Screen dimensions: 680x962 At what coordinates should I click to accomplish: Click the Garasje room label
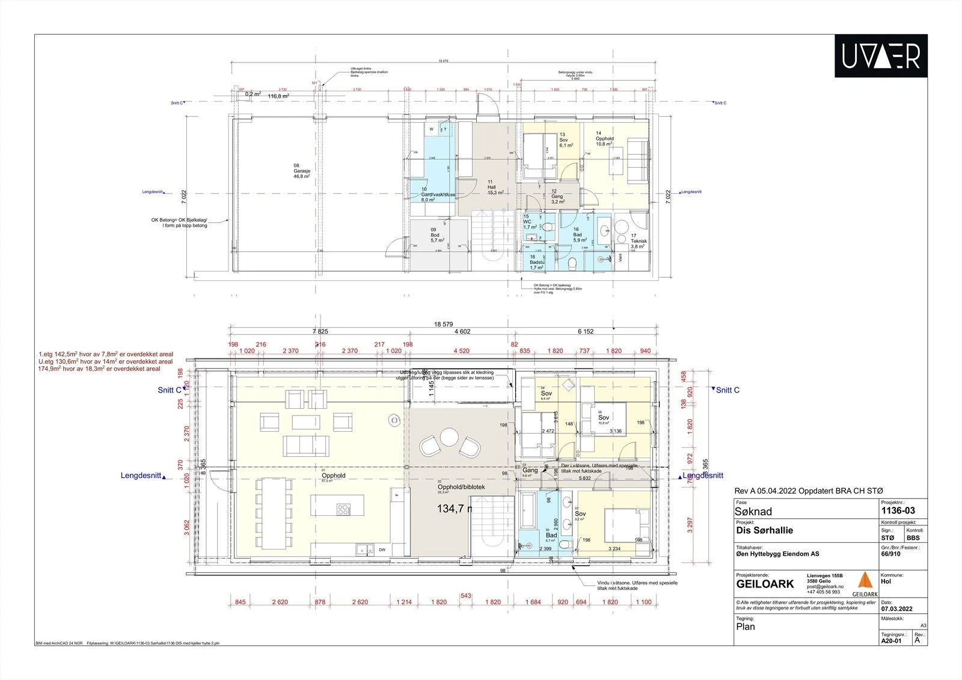tap(297, 171)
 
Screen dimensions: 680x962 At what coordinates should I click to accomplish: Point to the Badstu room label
tap(536, 262)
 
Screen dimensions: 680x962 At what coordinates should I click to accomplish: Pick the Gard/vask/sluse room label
tap(438, 195)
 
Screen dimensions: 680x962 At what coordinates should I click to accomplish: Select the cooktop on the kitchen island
tap(343, 510)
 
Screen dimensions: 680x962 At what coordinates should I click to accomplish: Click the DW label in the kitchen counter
tap(382, 550)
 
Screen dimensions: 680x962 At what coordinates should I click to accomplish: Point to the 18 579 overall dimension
tap(443, 324)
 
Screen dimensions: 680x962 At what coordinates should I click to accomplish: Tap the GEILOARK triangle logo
tap(865, 581)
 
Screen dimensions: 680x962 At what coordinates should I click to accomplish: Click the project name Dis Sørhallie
tap(764, 530)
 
